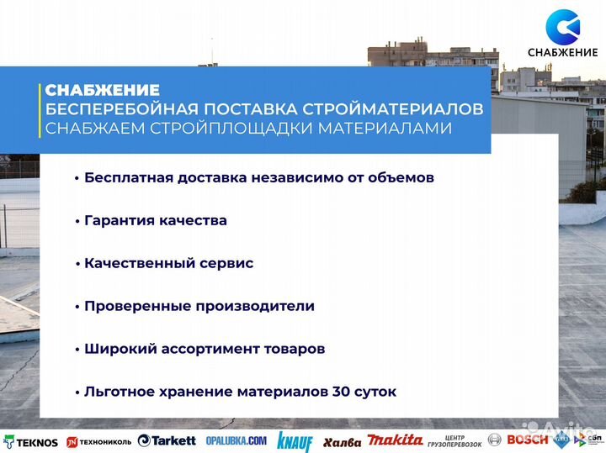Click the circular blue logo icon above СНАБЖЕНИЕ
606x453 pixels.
562,26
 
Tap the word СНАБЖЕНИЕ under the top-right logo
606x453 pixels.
562,53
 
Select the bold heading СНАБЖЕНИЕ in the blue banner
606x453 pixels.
102,90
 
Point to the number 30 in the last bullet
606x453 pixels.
344,392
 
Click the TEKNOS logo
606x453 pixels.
31,441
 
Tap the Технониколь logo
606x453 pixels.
98,441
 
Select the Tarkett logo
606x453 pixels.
167,440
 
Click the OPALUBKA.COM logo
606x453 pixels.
236,440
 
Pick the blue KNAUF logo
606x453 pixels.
294,442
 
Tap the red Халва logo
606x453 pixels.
342,441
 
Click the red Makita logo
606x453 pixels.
396,440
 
